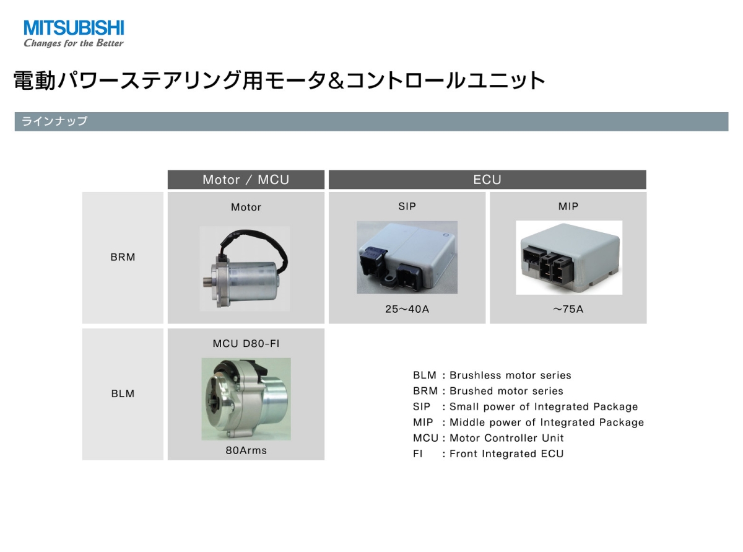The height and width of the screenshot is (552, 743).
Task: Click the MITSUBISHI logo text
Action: (74, 27)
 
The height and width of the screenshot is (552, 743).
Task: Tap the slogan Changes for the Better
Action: (74, 43)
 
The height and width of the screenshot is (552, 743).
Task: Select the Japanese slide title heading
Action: (279, 81)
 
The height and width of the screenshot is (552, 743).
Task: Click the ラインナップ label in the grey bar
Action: (54, 121)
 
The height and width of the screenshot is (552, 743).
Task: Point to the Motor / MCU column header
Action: (246, 180)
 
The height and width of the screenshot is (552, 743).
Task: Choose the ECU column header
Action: (487, 180)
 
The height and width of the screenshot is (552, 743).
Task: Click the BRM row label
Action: (123, 257)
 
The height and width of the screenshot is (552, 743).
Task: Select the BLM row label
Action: (123, 393)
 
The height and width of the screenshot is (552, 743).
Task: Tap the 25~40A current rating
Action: (407, 309)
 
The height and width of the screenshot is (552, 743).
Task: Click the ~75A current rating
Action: (568, 309)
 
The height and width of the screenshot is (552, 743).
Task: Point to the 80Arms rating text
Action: (246, 450)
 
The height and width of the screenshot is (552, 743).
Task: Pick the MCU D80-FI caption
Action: (246, 344)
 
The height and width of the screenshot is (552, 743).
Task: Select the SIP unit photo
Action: (407, 257)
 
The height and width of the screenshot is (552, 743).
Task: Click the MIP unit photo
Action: (569, 257)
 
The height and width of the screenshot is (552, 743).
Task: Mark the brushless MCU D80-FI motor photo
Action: (246, 399)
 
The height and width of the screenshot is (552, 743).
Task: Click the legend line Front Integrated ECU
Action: (488, 453)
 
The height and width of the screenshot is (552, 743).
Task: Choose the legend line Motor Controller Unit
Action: (488, 438)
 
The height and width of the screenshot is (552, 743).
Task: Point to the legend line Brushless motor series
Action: (492, 375)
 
